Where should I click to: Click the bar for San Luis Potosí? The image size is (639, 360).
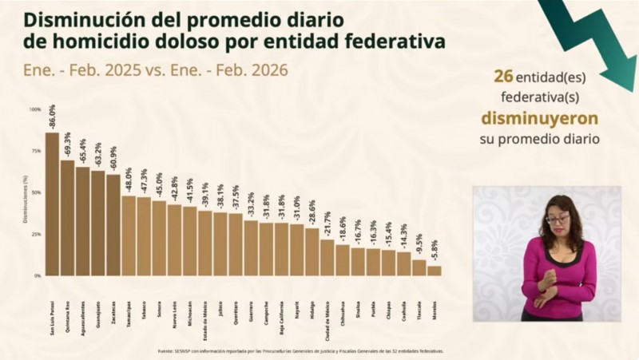[x=52, y=204]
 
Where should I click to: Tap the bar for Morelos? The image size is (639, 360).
[x=434, y=271]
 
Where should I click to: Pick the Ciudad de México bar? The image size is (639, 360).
[x=327, y=257]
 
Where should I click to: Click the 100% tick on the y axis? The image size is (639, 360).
[x=36, y=108]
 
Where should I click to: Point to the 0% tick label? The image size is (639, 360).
[x=38, y=275]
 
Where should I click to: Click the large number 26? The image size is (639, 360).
[x=502, y=77]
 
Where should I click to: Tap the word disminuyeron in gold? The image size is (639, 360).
[x=540, y=118]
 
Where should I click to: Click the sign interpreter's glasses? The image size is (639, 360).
[x=558, y=219]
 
